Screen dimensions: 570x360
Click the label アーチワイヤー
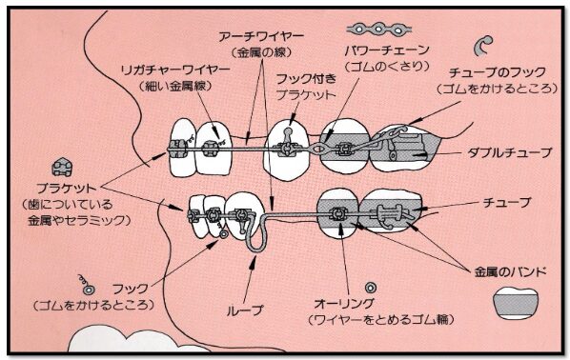261,37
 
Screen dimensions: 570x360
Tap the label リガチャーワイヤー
175,70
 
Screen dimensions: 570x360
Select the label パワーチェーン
387,50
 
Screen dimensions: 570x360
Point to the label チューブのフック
498,72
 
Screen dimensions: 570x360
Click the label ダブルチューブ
509,153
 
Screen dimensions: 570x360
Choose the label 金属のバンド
510,271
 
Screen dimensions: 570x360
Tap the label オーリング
344,303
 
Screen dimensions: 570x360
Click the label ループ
244,310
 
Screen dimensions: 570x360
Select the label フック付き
306,79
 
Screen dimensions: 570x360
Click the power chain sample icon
378,29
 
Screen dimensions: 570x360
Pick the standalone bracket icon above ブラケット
62,167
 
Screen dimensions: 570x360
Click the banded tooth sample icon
516,303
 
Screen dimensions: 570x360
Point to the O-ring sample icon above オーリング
370,288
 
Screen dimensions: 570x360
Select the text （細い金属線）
176,86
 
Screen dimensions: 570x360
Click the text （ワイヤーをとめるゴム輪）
381,320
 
